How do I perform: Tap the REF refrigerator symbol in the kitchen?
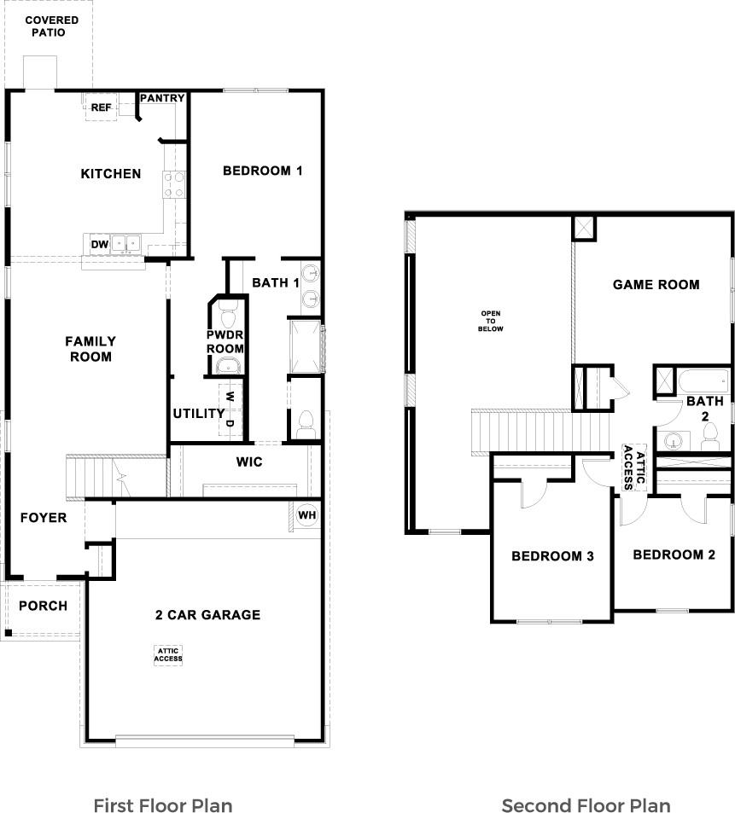coord(102,107)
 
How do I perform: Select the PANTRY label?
coord(162,98)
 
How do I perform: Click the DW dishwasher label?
coord(100,245)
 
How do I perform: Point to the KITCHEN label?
coord(110,174)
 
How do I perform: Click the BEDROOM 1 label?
coord(262,171)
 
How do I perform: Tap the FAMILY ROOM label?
coord(90,349)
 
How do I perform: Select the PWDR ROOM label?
coord(225,341)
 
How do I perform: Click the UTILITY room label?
coord(199,414)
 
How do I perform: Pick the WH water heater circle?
coord(306,514)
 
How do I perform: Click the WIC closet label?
coord(249,462)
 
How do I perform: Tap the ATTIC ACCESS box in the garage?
coord(168,654)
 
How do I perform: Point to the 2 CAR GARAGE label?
coord(207,615)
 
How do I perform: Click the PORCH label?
coord(43,607)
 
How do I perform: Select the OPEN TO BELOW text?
coord(492,320)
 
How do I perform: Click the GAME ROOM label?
coord(656,285)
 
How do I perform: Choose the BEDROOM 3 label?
coord(552,556)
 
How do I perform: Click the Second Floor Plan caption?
coord(586,805)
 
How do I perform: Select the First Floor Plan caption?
coord(162,805)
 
